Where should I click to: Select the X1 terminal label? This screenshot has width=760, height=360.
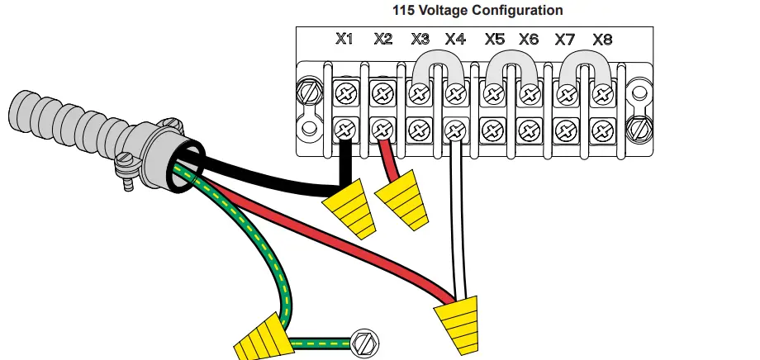point(344,39)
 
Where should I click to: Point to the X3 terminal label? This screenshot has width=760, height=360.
point(419,39)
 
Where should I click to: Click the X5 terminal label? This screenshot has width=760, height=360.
point(494,39)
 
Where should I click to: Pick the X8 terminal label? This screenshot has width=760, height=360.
point(602,39)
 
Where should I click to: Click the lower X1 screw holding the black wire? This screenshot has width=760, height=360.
point(344,129)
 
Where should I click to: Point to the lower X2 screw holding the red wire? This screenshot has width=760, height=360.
point(382,129)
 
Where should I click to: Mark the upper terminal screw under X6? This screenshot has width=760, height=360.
point(529,94)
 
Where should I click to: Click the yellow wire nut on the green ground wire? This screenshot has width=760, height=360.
point(263,336)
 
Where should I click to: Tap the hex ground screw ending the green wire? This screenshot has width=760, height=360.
point(363,340)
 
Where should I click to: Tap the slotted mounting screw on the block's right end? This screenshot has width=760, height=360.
point(639,128)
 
